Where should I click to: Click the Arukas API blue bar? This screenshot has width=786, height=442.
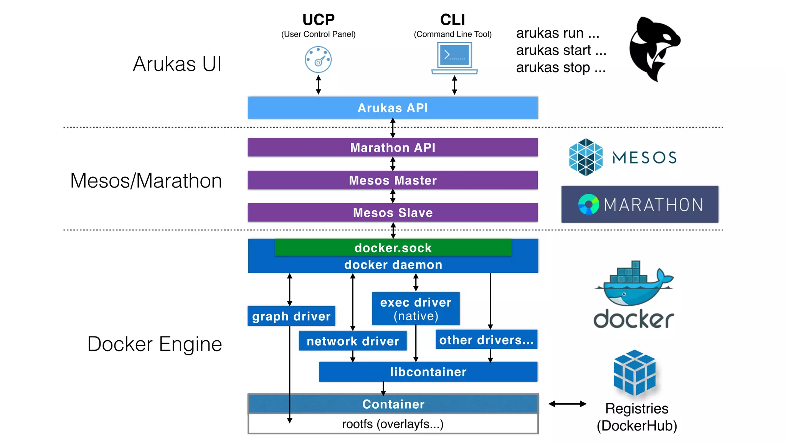tap(393, 108)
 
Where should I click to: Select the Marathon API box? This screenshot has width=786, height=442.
tap(393, 147)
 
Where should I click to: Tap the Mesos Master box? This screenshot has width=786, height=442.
tap(393, 180)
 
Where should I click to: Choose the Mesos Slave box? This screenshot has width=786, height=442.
tap(393, 213)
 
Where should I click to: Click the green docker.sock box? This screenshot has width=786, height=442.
tap(393, 248)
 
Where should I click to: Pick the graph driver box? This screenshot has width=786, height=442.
tap(291, 316)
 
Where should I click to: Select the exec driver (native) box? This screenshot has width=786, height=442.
tap(416, 309)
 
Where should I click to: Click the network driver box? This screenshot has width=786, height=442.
tap(353, 341)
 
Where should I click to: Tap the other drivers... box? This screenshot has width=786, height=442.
tap(486, 340)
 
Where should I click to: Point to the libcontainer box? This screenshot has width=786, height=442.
tap(428, 372)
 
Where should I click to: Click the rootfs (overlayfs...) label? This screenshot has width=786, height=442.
tap(393, 424)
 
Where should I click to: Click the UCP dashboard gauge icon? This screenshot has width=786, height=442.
tap(318, 59)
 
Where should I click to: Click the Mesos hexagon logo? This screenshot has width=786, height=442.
tap(586, 157)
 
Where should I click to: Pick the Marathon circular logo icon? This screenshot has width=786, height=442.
tap(588, 205)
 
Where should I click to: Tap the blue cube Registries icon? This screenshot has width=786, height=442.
tap(634, 373)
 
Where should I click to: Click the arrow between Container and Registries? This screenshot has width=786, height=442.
tap(567, 404)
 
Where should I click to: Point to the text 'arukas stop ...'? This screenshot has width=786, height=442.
tap(561, 68)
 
